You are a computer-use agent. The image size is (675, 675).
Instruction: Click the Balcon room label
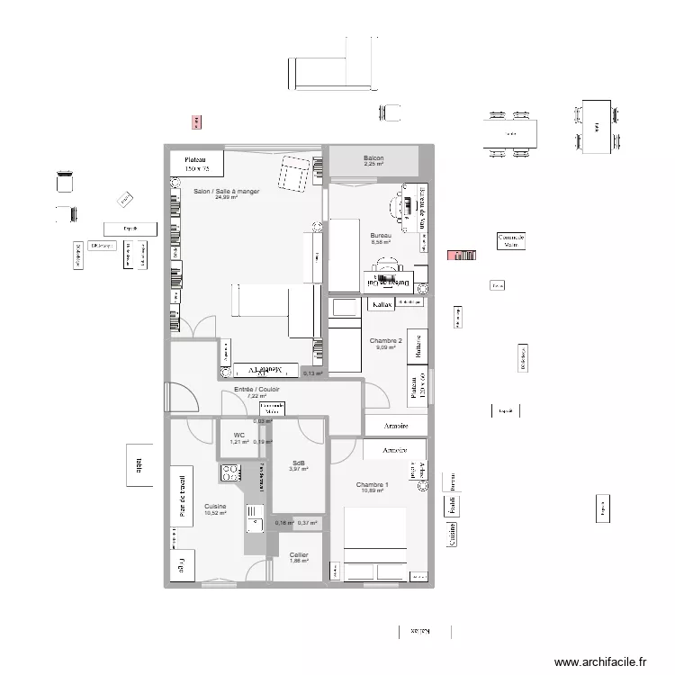(373, 157)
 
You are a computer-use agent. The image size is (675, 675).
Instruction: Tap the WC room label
(238, 434)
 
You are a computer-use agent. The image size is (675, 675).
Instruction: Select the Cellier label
(299, 554)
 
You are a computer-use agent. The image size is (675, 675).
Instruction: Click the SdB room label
(298, 462)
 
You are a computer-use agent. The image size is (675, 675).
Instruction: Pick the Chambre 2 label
(385, 341)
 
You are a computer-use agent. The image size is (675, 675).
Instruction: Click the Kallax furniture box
(382, 305)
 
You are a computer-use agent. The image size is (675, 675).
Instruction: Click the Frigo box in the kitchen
(183, 566)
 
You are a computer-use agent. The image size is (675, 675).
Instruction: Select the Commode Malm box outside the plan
(511, 240)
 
